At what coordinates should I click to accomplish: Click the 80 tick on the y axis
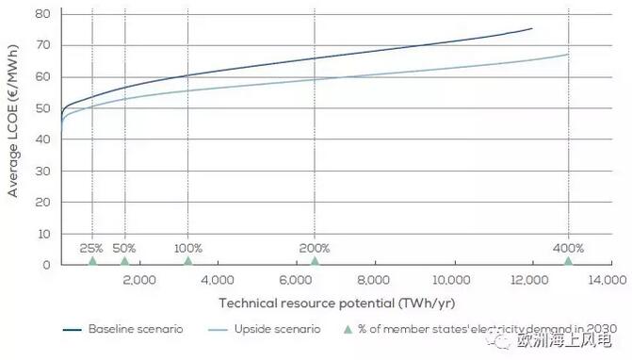click(x=42, y=14)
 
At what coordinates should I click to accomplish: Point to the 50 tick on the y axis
click(x=42, y=108)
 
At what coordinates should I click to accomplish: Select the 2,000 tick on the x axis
click(x=138, y=280)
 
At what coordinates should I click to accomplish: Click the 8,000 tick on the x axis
click(x=374, y=280)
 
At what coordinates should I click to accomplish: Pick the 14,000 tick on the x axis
click(x=608, y=280)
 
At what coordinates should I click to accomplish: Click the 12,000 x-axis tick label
click(x=529, y=280)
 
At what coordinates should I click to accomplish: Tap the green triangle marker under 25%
click(x=92, y=261)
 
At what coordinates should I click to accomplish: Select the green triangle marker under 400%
click(x=568, y=261)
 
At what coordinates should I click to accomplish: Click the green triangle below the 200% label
click(x=315, y=261)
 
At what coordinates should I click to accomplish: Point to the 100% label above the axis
click(x=188, y=248)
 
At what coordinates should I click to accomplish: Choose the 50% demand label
click(x=125, y=248)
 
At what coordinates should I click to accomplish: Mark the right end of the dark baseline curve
click(x=532, y=28)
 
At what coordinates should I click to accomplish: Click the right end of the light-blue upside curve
click(x=568, y=54)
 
